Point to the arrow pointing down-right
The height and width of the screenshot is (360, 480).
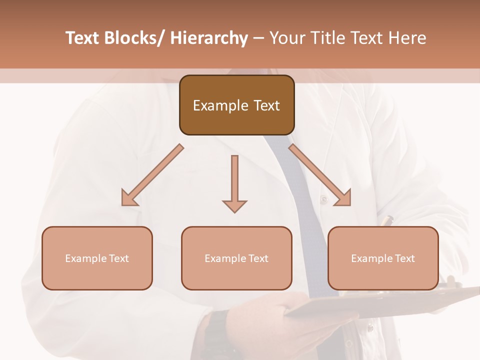point(320,175)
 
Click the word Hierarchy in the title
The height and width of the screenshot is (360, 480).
point(209,38)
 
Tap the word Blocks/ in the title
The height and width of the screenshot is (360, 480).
point(132,38)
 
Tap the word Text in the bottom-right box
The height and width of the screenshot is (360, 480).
point(404,258)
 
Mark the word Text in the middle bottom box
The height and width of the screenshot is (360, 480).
point(258,258)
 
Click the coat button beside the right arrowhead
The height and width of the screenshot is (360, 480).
point(324,199)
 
